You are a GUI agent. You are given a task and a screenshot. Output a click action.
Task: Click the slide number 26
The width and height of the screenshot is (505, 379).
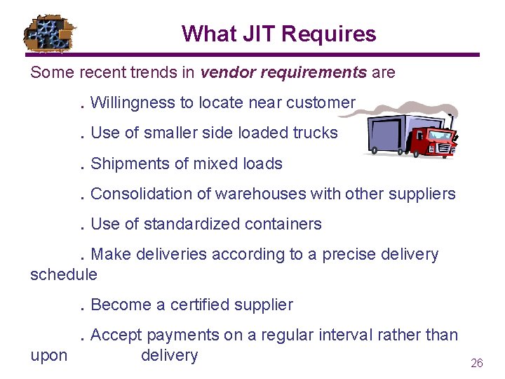[x=476, y=363]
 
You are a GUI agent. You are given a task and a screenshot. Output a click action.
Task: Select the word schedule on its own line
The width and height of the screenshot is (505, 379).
[x=64, y=274]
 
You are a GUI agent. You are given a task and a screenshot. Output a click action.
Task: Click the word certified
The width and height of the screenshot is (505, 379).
[x=202, y=305]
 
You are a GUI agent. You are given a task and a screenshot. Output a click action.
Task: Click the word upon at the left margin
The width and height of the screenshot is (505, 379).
[x=49, y=355]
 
